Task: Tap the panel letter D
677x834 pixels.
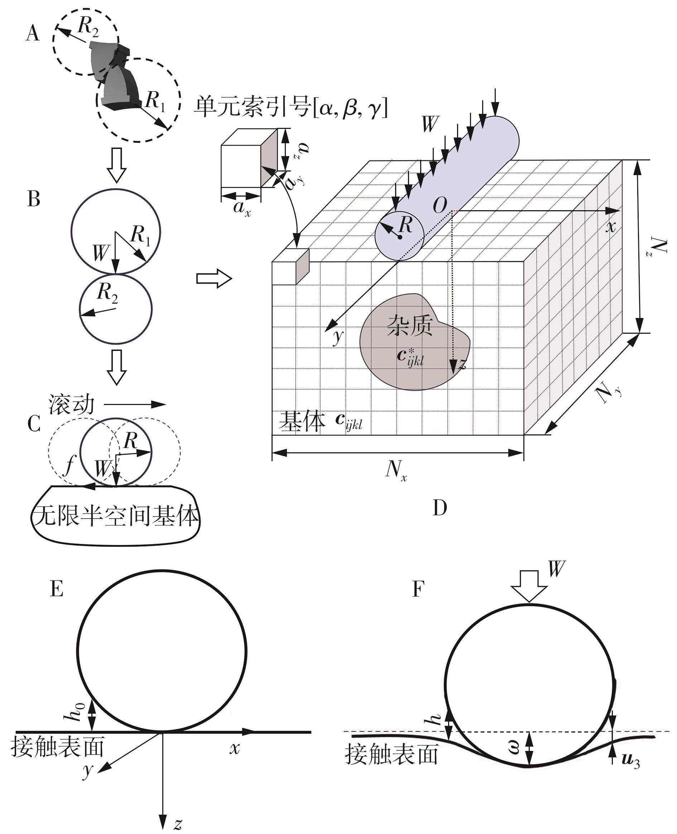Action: coord(440,508)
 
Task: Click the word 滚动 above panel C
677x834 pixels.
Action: coord(71,404)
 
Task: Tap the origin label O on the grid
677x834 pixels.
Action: coord(440,205)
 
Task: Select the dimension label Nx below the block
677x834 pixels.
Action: coord(396,470)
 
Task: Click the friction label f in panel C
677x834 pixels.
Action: coord(70,464)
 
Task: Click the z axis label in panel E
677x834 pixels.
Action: coord(178,824)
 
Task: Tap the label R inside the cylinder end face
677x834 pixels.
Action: coord(405,225)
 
